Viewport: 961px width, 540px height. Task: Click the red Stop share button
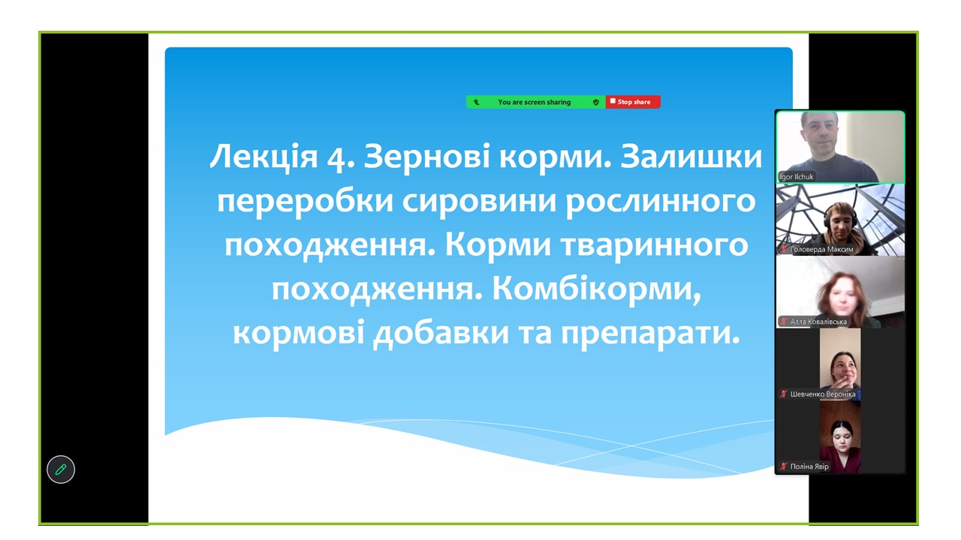pyautogui.click(x=633, y=102)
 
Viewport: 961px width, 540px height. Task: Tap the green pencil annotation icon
pyautogui.click(x=61, y=469)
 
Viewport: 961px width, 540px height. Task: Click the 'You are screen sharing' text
pyautogui.click(x=534, y=102)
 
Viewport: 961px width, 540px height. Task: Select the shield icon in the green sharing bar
pyautogui.click(x=596, y=102)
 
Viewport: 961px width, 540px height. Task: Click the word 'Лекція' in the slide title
pyautogui.click(x=264, y=157)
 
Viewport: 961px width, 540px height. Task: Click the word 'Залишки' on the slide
pyautogui.click(x=691, y=156)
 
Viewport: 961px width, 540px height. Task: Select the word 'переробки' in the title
pyautogui.click(x=305, y=202)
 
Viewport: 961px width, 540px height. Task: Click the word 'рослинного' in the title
pyautogui.click(x=660, y=202)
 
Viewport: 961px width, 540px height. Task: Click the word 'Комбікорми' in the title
pyautogui.click(x=593, y=289)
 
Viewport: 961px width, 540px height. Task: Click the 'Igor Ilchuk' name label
pyautogui.click(x=797, y=176)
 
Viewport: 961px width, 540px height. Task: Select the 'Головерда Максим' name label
pyautogui.click(x=821, y=249)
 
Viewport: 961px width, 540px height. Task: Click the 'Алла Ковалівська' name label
pyautogui.click(x=818, y=322)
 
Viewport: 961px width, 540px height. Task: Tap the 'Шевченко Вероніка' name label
pyautogui.click(x=823, y=394)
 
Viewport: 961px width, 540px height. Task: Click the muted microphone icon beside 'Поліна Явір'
pyautogui.click(x=784, y=466)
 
